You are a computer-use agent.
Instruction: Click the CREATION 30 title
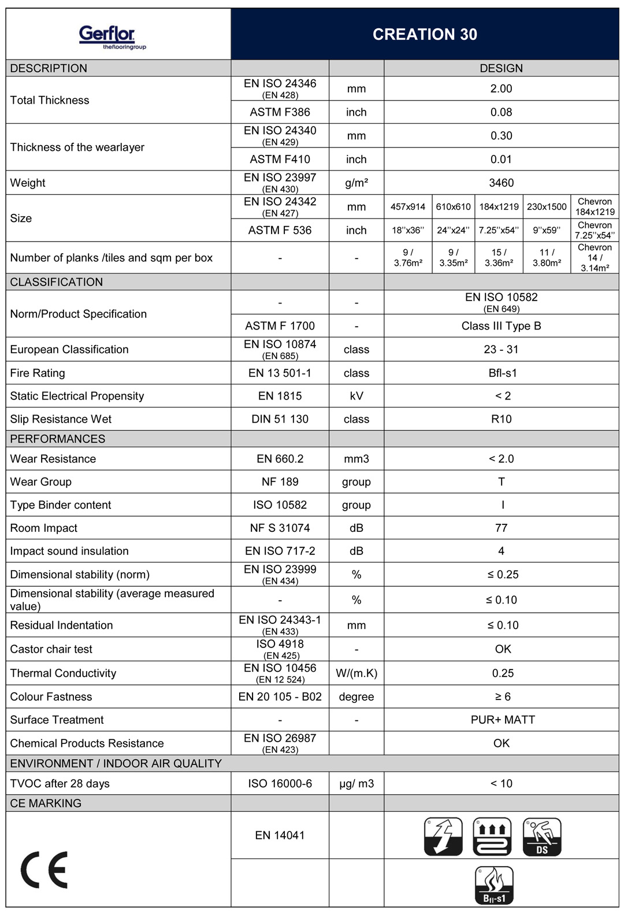click(425, 35)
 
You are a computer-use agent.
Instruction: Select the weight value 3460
click(501, 183)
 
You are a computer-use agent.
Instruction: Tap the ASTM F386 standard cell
click(280, 112)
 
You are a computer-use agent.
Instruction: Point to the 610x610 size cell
click(453, 207)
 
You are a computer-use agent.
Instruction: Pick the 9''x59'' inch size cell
click(547, 230)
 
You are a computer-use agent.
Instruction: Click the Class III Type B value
click(501, 326)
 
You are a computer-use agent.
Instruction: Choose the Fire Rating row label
click(38, 373)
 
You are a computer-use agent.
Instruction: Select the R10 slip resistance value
click(501, 419)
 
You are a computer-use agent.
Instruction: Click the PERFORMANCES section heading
click(58, 439)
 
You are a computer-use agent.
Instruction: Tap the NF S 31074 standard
click(280, 528)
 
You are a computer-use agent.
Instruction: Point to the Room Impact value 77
click(501, 528)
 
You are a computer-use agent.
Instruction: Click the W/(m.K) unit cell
click(356, 673)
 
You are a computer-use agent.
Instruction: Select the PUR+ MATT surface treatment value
click(503, 720)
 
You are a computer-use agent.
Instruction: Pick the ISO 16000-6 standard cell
click(280, 783)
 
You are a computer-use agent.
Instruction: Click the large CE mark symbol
click(44, 869)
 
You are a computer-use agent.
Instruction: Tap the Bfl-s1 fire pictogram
click(494, 885)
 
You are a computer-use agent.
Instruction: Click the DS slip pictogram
click(542, 837)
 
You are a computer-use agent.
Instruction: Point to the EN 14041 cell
click(280, 835)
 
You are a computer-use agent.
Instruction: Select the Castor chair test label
click(51, 649)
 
